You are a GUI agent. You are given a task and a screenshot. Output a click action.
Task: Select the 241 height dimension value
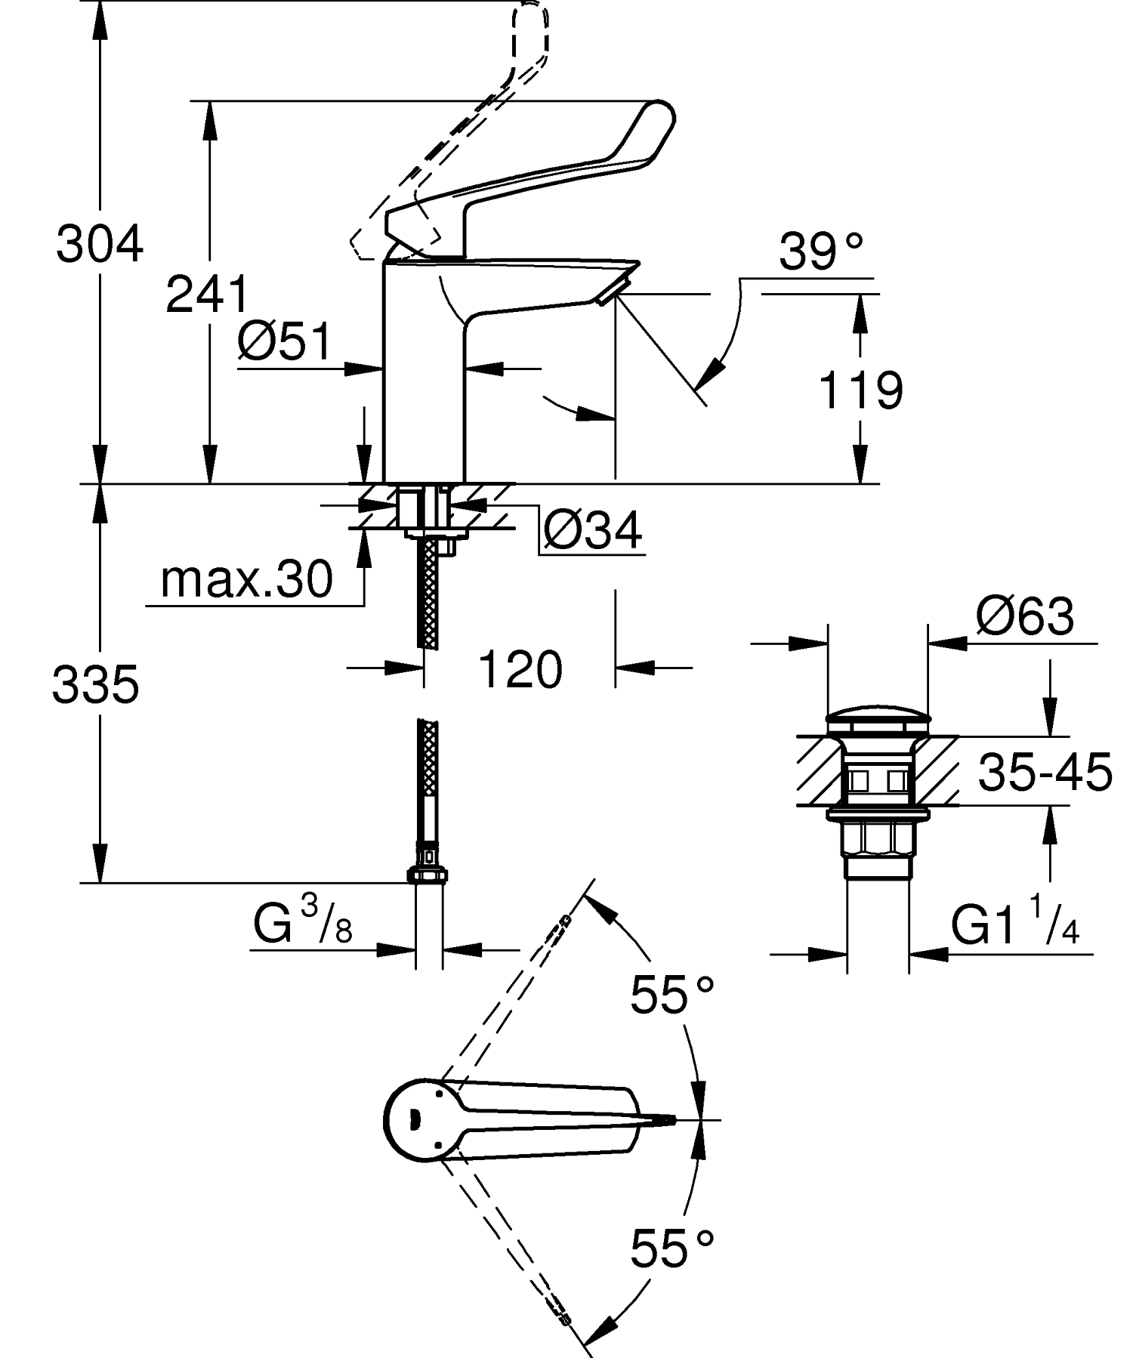(207, 295)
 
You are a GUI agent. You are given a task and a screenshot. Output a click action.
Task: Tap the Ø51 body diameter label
(285, 341)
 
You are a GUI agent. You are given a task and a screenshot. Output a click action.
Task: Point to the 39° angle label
(820, 252)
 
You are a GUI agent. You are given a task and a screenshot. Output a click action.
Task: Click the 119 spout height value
(860, 390)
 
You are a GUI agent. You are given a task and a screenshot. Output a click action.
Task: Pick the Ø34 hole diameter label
(593, 531)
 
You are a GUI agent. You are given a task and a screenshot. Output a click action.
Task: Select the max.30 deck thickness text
(246, 580)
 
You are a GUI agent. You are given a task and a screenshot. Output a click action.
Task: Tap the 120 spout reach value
(520, 670)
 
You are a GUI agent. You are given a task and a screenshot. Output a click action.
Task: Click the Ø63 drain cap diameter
(1024, 617)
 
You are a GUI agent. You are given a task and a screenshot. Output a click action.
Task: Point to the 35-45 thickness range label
(1045, 772)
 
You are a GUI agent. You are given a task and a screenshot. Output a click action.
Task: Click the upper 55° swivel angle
(671, 995)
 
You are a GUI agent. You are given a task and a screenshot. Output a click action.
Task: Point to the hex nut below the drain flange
(878, 839)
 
